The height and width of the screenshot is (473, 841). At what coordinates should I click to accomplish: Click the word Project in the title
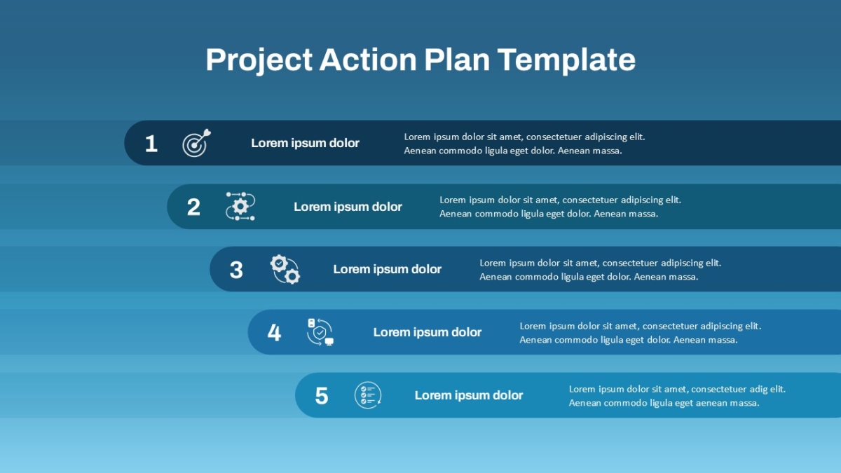(259, 60)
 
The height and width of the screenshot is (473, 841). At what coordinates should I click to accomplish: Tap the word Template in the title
(566, 60)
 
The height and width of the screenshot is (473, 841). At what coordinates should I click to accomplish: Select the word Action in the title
(368, 60)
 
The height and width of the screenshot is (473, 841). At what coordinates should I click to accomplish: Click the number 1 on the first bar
(151, 144)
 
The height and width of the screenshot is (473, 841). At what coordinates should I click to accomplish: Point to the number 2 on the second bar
(193, 207)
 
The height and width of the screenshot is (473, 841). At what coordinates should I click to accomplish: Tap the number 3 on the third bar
(236, 270)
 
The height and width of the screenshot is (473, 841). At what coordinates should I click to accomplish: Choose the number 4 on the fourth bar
(274, 333)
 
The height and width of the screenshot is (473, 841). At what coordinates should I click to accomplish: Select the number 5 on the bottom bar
(322, 396)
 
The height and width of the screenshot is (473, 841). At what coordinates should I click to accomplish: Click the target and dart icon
(196, 143)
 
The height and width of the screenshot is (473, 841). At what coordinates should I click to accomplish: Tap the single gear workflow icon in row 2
(240, 206)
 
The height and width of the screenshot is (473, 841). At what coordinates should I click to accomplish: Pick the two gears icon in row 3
(285, 269)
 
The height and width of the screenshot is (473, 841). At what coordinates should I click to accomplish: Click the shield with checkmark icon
(320, 332)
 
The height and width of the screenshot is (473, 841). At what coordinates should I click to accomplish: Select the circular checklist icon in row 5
(368, 395)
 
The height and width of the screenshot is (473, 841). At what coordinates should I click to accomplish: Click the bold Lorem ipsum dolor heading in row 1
(305, 143)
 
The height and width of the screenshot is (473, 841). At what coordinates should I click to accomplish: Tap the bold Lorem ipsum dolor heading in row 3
(387, 269)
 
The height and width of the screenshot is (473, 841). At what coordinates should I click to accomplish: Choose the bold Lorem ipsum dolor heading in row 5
(469, 395)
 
